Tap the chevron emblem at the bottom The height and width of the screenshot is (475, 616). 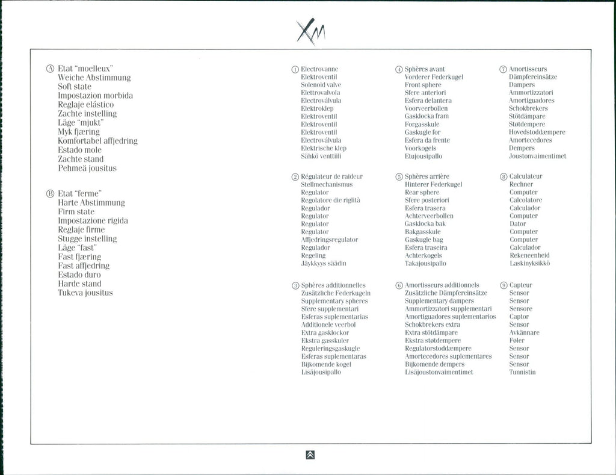coord(310,455)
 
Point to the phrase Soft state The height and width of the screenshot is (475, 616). coord(75,87)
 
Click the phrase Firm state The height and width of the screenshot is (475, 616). coord(76,212)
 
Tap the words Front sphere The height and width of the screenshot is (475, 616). coord(423,85)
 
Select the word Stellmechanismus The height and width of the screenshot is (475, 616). coord(327,184)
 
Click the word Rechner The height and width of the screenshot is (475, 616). coord(521,184)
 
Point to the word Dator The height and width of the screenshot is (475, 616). coord(518,223)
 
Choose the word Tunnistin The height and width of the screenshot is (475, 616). coord(522,372)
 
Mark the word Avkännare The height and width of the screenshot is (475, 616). coord(525,332)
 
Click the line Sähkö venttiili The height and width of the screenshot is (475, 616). coord(321,156)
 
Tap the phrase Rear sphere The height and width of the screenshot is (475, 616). coord(422,192)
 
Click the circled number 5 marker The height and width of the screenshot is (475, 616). coord(399,176)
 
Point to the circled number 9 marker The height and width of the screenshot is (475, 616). coord(504,285)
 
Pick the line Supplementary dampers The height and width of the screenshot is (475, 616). coord(439,301)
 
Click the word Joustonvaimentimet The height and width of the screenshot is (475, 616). coord(537,156)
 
